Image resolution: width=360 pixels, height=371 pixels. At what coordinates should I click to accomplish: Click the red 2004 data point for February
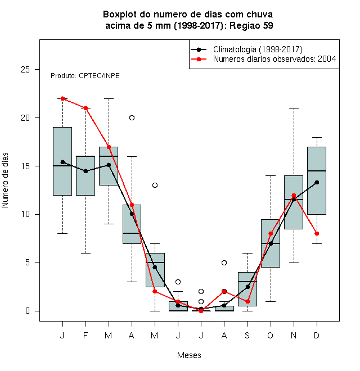pyautogui.click(x=85, y=108)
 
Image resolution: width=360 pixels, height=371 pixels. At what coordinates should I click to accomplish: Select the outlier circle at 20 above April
pyautogui.click(x=132, y=117)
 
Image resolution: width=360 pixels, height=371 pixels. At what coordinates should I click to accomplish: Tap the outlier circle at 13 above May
pyautogui.click(x=155, y=185)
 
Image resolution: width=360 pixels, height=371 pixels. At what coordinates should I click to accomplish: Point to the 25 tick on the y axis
pyautogui.click(x=37, y=69)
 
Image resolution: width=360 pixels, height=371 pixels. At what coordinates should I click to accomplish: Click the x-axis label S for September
pyautogui.click(x=247, y=335)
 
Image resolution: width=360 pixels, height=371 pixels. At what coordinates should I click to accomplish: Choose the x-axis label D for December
pyautogui.click(x=317, y=335)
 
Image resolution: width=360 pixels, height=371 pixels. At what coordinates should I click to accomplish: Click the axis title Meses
pyautogui.click(x=189, y=355)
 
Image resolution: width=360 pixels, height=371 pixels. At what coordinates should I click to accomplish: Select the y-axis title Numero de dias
pyautogui.click(x=5, y=180)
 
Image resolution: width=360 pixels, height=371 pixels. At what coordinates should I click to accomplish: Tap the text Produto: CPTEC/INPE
pyautogui.click(x=85, y=76)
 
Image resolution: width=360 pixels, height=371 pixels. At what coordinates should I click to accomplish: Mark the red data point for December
pyautogui.click(x=317, y=233)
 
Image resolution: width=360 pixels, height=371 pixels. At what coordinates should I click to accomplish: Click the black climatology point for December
pyautogui.click(x=317, y=182)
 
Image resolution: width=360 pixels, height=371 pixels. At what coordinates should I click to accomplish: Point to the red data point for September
pyautogui.click(x=247, y=301)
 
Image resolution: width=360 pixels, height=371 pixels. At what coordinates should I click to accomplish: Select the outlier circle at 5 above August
pyautogui.click(x=224, y=263)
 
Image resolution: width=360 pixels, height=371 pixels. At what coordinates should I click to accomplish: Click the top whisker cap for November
pyautogui.click(x=294, y=108)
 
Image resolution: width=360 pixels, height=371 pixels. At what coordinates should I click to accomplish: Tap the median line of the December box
pyautogui.click(x=317, y=170)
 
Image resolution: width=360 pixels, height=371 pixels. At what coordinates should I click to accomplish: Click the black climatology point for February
pyautogui.click(x=85, y=171)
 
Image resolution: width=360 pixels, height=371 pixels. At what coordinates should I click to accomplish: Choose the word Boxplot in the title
pyautogui.click(x=120, y=15)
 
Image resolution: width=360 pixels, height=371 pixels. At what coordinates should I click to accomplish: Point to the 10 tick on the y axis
pyautogui.click(x=37, y=214)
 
